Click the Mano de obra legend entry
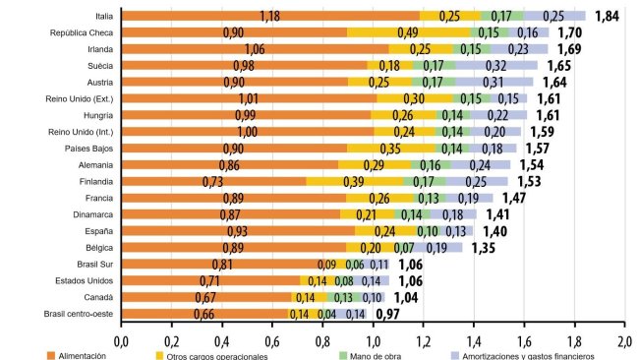click(371, 354)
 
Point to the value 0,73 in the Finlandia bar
click(213, 181)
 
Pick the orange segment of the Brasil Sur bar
click(223, 264)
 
